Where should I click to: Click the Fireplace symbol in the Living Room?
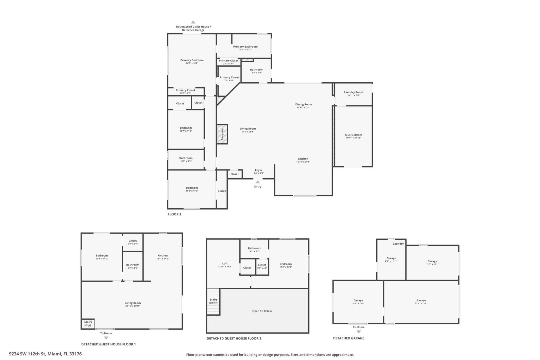[x=222, y=134]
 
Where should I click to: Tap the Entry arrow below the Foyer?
[x=258, y=182]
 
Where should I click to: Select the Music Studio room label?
[x=353, y=135]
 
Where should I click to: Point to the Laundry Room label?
[x=353, y=92]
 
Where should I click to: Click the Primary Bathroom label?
[x=245, y=47]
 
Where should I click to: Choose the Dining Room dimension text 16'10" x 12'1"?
[x=303, y=107]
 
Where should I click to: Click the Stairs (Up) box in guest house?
[x=88, y=323]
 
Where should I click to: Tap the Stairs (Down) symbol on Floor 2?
[x=213, y=301]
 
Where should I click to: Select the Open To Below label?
[x=262, y=311]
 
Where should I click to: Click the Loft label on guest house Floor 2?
[x=225, y=264]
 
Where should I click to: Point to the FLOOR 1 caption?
[x=174, y=214]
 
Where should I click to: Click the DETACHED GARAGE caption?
[x=348, y=338]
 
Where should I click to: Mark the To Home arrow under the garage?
[x=359, y=332]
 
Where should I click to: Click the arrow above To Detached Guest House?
[x=193, y=22]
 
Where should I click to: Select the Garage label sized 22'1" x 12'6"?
[x=421, y=300]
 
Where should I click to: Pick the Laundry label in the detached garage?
[x=398, y=244]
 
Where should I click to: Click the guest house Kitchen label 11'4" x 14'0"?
[x=163, y=256]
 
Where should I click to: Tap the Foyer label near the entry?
[x=258, y=170]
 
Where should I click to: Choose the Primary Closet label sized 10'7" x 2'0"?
[x=185, y=90]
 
